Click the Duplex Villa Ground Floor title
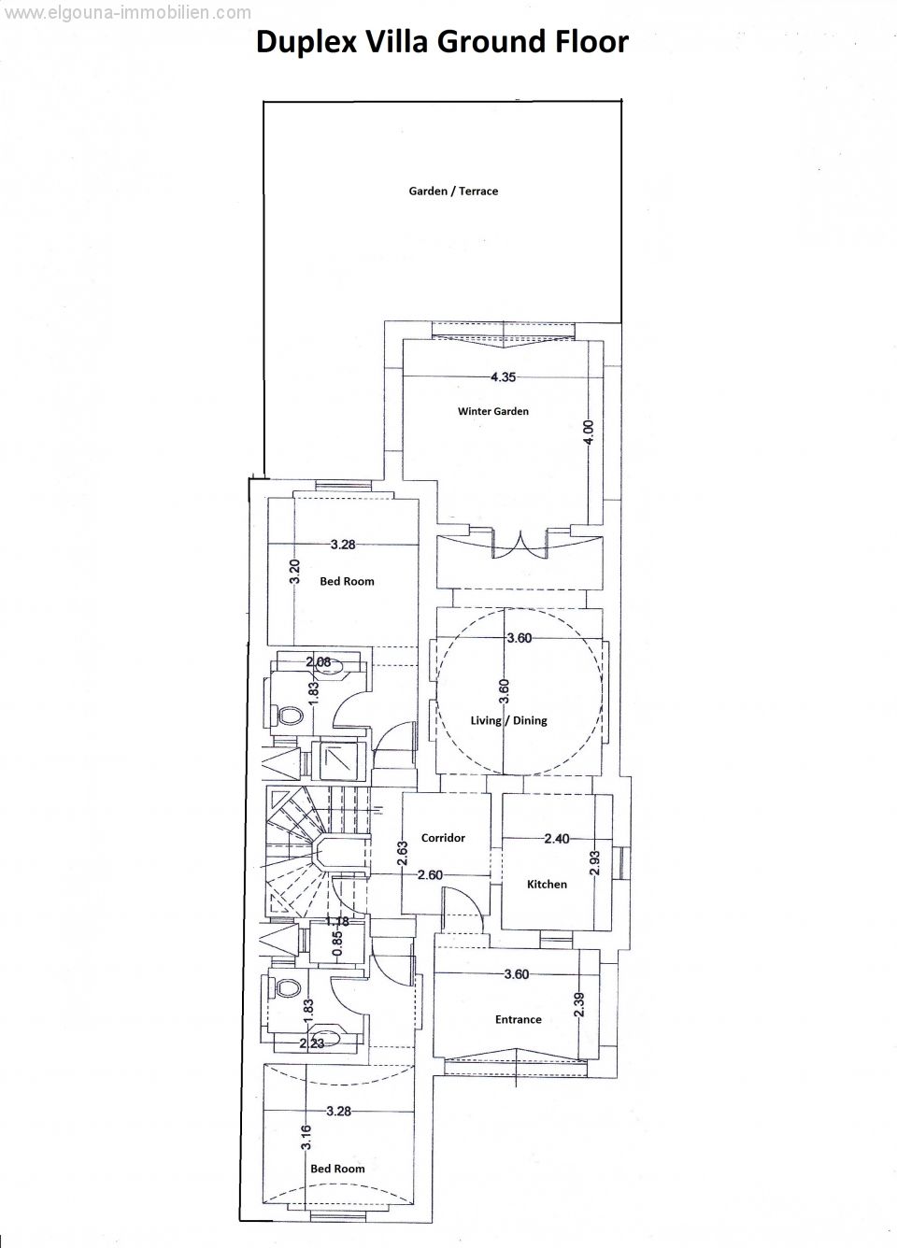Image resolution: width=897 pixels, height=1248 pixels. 442,43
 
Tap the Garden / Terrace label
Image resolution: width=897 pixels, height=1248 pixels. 453,191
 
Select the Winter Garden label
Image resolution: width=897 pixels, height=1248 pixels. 493,411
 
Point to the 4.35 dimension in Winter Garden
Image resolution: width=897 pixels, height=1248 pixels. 503,377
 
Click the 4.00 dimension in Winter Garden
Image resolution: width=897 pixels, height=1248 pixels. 591,433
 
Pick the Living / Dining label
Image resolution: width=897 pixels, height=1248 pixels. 508,720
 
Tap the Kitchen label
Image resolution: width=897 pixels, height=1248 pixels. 547,885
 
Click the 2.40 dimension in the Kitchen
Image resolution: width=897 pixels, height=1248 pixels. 557,839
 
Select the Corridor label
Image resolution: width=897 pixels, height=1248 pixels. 443,837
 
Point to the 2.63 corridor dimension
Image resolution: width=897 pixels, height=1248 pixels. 404,853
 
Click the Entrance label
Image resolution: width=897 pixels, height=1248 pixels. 519,1019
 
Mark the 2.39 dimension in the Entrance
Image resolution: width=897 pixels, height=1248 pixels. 579,1004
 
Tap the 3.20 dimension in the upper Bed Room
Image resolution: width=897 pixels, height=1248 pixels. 295,571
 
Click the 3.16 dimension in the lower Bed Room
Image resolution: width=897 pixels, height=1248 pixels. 306,1137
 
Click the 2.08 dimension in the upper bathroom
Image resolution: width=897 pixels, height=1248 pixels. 318,662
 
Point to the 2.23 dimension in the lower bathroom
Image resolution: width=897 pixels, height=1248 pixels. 311,1043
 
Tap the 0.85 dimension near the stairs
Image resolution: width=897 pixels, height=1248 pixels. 337,943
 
